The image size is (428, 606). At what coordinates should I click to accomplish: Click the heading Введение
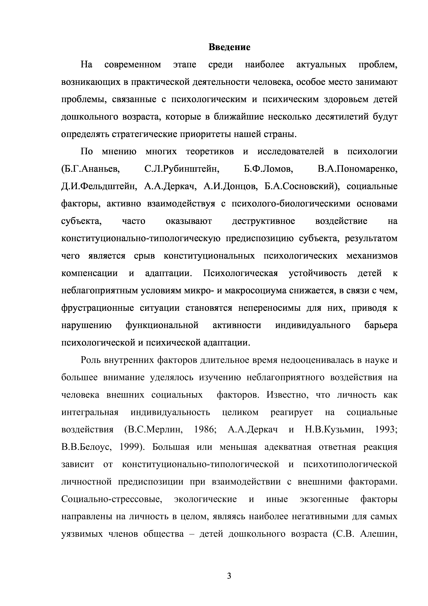tap(229, 48)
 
